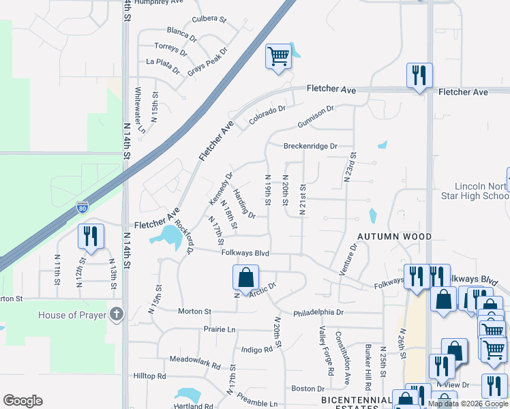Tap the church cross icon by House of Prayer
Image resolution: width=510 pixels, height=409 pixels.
tap(117, 314)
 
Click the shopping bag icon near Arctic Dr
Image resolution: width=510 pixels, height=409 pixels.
tap(245, 277)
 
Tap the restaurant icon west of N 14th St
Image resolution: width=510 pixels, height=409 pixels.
tap(91, 236)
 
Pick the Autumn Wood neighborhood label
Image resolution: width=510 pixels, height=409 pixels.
tap(395, 237)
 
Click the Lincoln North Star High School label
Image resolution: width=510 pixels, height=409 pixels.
tap(482, 192)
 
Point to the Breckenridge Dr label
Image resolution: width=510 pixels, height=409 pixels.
tap(311, 146)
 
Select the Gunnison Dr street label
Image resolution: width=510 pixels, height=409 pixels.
tap(316, 117)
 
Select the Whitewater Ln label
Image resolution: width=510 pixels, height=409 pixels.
tap(140, 110)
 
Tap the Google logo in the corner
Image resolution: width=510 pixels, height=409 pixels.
tap(22, 401)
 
